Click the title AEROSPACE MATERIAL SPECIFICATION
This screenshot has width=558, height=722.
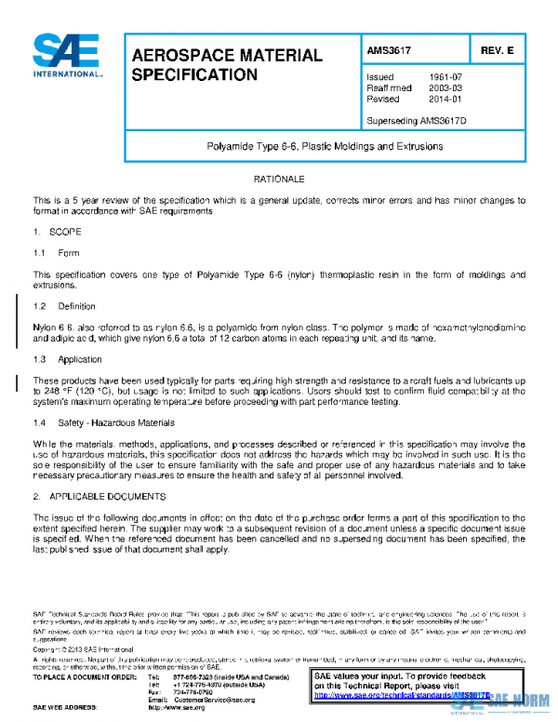click(227, 64)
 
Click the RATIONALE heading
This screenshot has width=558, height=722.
click(279, 178)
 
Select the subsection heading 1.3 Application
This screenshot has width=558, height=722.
click(67, 358)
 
